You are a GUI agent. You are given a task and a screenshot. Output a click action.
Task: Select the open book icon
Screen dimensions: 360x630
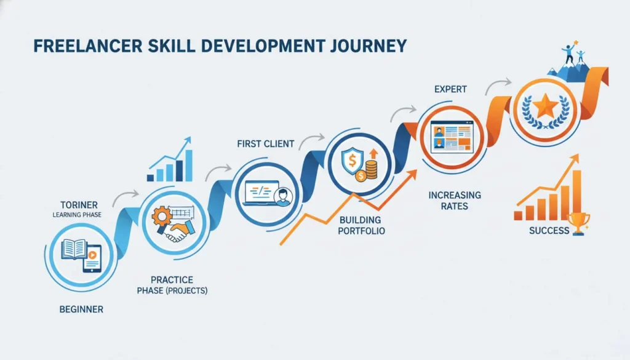73,249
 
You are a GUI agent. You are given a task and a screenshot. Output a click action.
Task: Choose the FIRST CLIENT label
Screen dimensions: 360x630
265,144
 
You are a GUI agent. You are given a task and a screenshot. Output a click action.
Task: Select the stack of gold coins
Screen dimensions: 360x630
372,168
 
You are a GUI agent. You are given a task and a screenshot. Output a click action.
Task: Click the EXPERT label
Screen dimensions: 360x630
450,90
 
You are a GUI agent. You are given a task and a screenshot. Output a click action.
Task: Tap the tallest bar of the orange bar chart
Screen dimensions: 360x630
576,194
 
